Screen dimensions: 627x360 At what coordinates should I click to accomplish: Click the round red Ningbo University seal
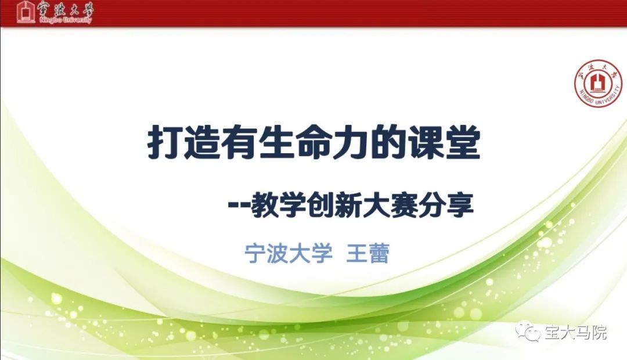(598, 84)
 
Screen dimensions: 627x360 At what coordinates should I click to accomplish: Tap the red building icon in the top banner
(26, 12)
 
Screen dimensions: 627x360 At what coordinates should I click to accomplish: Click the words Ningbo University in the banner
(66, 20)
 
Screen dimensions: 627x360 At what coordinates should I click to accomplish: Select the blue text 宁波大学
(289, 254)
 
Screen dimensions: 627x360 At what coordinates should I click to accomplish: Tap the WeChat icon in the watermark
(528, 330)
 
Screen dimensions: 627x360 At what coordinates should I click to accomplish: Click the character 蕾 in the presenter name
(379, 254)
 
